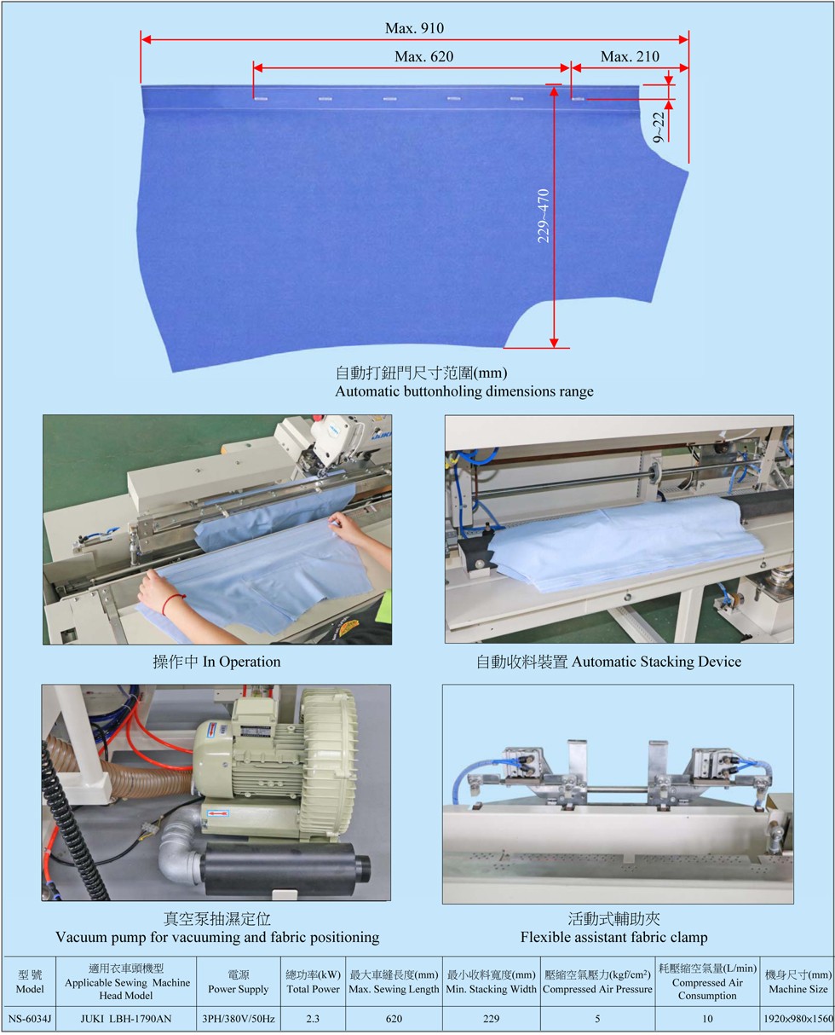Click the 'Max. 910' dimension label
pos(414,28)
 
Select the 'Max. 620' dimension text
pos(423,56)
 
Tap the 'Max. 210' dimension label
pos(630,56)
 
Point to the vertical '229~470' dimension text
pos(544,216)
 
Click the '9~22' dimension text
pos(658,127)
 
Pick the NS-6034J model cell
pos(29,1018)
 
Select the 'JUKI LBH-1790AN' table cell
pos(126,1018)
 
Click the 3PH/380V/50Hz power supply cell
pos(239,1018)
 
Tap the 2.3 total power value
pos(313,1018)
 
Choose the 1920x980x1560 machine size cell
pos(798,1018)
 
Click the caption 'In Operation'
pos(241,662)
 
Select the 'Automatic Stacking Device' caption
pos(656,662)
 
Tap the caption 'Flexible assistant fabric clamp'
pos(613,937)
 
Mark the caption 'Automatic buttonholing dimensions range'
pos(464,391)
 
